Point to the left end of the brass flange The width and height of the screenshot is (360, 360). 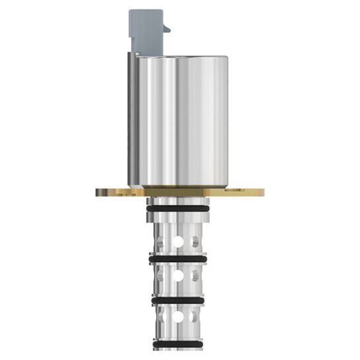pos(101,192)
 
